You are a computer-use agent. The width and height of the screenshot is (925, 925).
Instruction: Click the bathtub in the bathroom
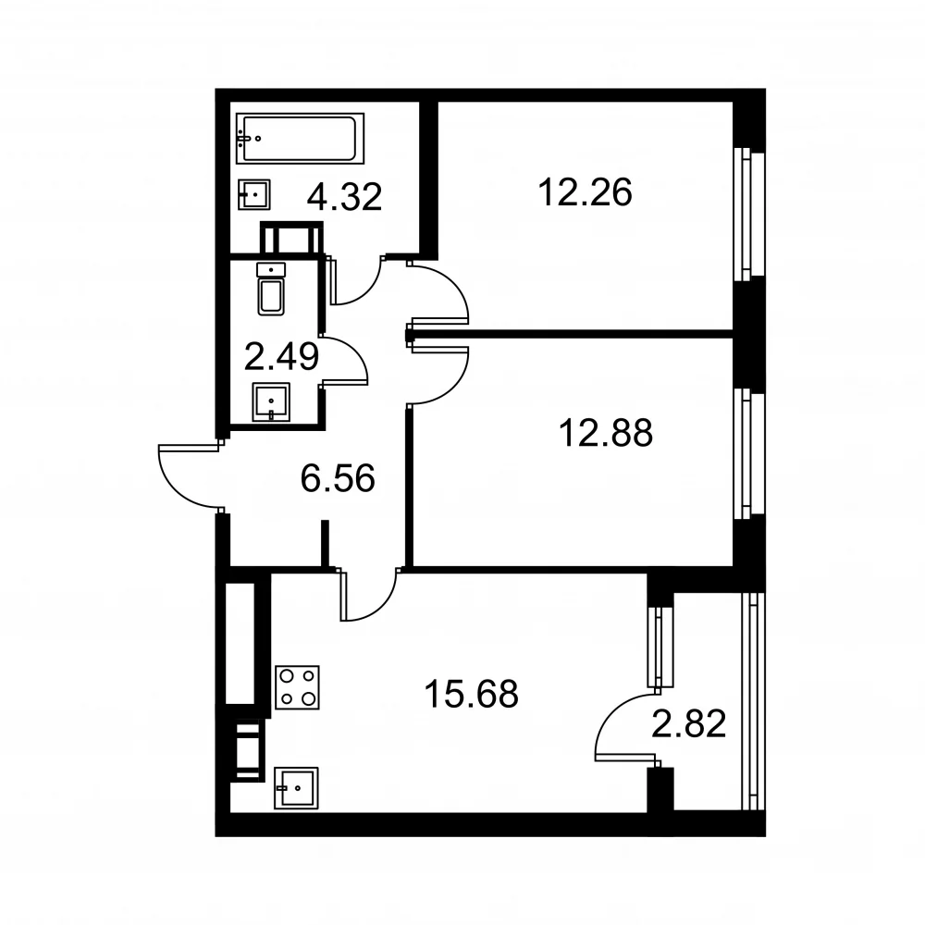point(300,138)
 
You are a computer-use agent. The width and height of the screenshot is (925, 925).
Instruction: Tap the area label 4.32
point(344,196)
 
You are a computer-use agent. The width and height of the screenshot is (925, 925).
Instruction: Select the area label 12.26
point(585,192)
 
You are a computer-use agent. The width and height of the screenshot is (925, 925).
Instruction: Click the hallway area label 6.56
point(338,478)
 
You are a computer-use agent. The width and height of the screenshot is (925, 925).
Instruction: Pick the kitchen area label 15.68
point(472,694)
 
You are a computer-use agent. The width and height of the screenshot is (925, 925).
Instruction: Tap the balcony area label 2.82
point(688,724)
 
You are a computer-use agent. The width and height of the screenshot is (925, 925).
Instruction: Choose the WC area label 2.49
point(281,357)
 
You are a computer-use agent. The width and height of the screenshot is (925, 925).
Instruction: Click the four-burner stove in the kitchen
point(297,687)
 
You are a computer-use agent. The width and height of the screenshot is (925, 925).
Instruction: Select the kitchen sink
point(296,787)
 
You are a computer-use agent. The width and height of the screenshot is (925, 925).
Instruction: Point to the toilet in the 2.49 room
point(271,289)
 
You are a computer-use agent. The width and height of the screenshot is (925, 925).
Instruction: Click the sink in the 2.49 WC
point(271,402)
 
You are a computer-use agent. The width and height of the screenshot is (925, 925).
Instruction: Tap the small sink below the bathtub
point(254,194)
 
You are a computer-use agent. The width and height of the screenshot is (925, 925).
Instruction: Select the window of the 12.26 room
point(749,214)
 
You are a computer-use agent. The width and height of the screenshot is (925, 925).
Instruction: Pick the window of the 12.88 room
point(749,453)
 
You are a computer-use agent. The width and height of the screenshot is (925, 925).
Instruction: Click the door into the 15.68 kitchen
point(369,595)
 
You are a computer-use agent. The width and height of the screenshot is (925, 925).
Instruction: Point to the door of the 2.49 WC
point(344,362)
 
